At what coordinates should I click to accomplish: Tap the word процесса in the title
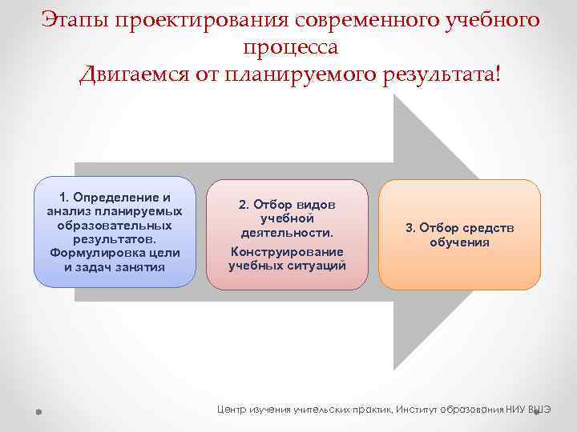tap(288, 46)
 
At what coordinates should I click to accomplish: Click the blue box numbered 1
tap(115, 232)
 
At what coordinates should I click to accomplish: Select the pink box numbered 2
tap(287, 234)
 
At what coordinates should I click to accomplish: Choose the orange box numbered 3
tap(459, 234)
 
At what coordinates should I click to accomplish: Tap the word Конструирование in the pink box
tap(287, 251)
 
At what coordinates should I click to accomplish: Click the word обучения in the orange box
tap(459, 242)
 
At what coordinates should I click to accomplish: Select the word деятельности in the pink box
tap(286, 232)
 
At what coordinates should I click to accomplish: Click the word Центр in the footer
tap(233, 409)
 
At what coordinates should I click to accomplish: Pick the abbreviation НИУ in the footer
tap(518, 409)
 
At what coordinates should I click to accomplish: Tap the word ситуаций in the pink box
tap(320, 266)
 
